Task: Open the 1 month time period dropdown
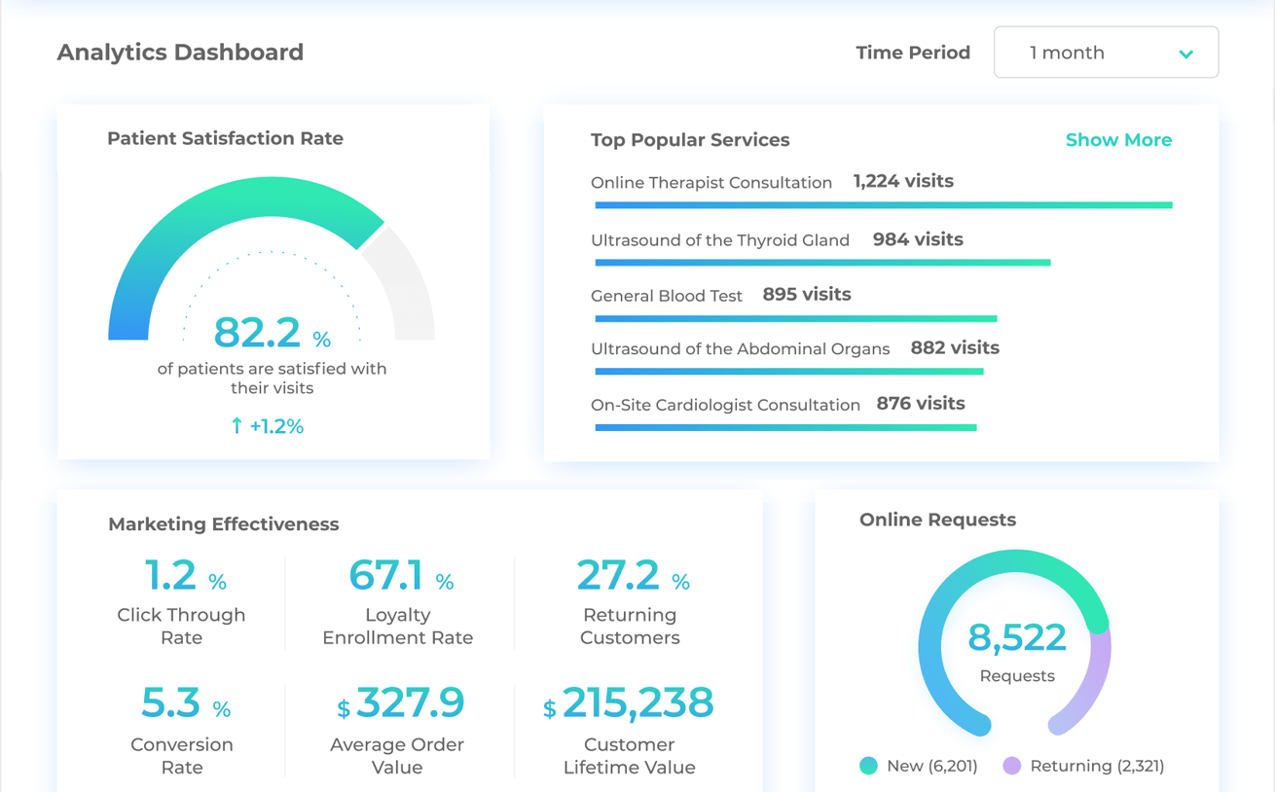tap(1106, 53)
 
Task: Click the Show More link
tap(1118, 140)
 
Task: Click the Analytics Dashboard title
tap(180, 53)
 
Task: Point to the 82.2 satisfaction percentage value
tap(258, 333)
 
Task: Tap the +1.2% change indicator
tap(268, 426)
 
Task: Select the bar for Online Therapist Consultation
tap(883, 205)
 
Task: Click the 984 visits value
tap(918, 239)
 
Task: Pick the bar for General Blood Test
tap(795, 318)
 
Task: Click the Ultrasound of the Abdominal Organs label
tap(740, 349)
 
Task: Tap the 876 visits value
tap(921, 404)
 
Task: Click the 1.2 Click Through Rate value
tap(171, 575)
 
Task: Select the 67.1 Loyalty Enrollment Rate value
tap(386, 575)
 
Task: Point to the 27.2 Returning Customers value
tap(618, 575)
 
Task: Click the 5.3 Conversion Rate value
tap(171, 702)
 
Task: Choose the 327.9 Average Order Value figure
tap(410, 702)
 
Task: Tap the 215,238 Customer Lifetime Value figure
tap(637, 702)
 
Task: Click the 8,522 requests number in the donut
tap(1017, 638)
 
